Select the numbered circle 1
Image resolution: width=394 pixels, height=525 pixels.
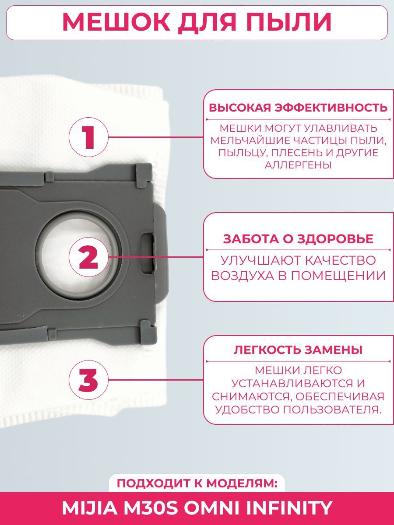pyautogui.click(x=88, y=137)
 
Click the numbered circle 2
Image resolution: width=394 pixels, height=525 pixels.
pyautogui.click(x=88, y=257)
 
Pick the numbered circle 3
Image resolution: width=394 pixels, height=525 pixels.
pyautogui.click(x=88, y=380)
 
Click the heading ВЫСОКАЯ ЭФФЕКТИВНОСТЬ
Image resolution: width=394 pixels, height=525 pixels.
pyautogui.click(x=298, y=108)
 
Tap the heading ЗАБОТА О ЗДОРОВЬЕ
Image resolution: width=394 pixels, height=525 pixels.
pyautogui.click(x=298, y=239)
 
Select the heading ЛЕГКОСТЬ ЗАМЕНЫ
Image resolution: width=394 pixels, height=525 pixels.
pyautogui.click(x=298, y=350)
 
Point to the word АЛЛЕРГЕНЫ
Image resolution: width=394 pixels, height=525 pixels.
pyautogui.click(x=298, y=165)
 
